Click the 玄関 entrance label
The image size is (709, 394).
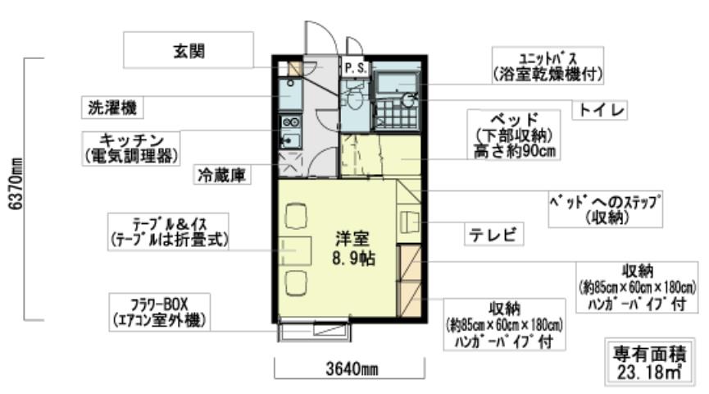[188, 50]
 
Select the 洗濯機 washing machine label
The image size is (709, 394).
[113, 107]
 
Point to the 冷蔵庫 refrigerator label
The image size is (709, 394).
[222, 175]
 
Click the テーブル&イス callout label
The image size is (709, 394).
[168, 231]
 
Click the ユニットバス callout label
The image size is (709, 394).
[548, 66]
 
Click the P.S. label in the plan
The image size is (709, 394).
[354, 67]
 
